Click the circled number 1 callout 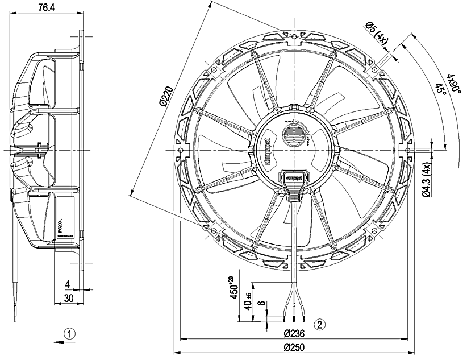point(69,333)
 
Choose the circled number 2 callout point(320,325)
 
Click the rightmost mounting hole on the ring point(408,150)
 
